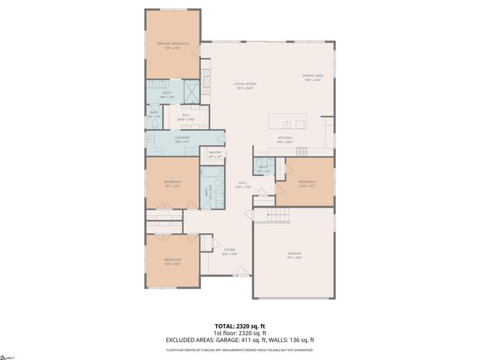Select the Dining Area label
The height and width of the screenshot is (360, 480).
coord(312,77)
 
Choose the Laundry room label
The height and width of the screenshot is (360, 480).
coord(182,139)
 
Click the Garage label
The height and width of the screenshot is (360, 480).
coord(293,255)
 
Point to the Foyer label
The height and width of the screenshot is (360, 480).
coord(229,251)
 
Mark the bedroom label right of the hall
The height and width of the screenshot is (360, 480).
coord(307,183)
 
